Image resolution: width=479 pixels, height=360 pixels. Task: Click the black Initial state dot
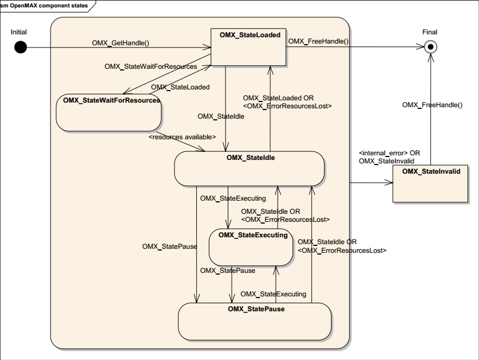[21, 48]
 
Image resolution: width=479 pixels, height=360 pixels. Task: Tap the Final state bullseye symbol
[431, 47]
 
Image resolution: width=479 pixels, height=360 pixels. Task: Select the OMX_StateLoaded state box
[248, 47]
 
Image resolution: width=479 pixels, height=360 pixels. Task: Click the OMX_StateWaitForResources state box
[109, 113]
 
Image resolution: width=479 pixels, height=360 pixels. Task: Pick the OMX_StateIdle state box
[250, 169]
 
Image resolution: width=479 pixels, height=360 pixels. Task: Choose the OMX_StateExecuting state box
[251, 247]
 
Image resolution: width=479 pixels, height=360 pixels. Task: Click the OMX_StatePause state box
[255, 322]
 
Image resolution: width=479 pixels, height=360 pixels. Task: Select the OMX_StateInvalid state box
[430, 183]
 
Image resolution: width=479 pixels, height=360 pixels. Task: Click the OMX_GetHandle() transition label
[120, 43]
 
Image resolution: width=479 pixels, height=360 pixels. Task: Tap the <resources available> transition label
[182, 137]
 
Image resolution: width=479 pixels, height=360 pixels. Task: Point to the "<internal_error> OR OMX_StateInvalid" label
[389, 157]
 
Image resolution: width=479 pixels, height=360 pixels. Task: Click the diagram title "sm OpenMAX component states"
[44, 6]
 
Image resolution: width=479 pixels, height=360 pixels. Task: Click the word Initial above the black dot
[18, 32]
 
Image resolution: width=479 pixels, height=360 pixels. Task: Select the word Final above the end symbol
[430, 32]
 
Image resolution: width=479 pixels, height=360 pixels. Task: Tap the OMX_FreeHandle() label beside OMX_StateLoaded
[318, 41]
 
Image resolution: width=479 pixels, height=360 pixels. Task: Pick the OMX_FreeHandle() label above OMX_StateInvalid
[433, 105]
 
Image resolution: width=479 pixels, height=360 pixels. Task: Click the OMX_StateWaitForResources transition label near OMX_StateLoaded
[151, 66]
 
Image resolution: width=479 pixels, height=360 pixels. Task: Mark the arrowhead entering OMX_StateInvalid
[389, 183]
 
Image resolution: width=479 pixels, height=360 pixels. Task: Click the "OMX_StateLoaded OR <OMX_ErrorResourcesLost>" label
[287, 102]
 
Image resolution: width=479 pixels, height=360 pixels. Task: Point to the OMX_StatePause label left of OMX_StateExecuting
[170, 246]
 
